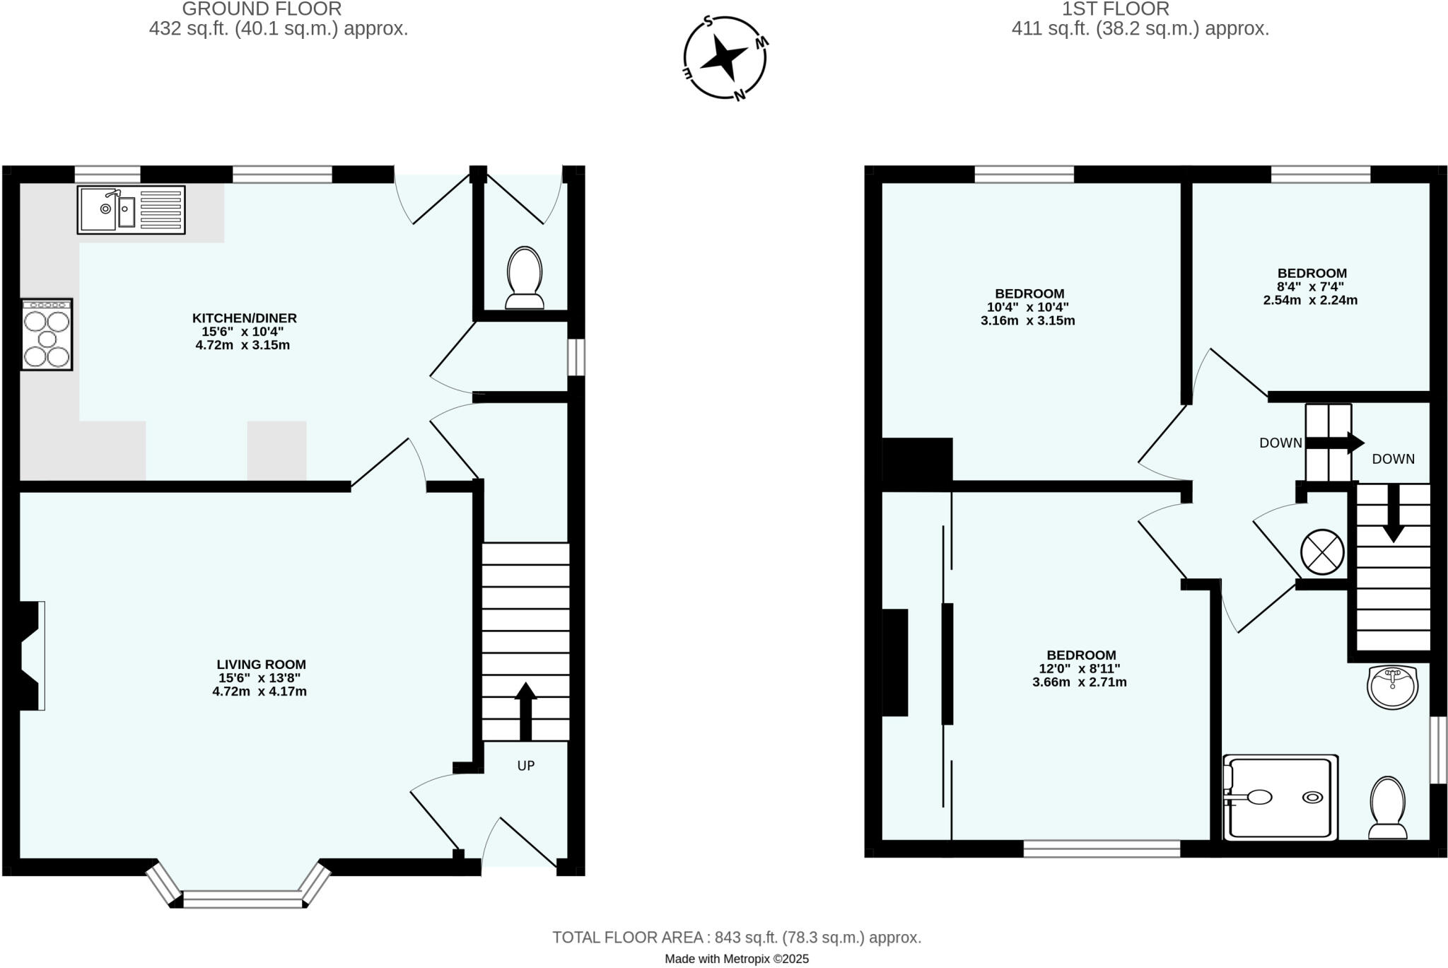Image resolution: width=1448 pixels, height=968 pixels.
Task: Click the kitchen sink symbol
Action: [131, 210]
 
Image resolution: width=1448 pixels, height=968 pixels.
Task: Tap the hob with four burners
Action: [47, 334]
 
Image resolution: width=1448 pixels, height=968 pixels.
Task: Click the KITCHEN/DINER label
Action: [245, 318]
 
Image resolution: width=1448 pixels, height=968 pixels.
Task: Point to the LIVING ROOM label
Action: [261, 665]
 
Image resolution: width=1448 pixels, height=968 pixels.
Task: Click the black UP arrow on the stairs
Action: [525, 711]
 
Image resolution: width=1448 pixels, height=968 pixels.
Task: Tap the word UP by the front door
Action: [525, 766]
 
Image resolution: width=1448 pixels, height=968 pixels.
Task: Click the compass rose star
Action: [723, 56]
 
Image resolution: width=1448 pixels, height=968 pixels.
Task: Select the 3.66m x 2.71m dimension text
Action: [1079, 682]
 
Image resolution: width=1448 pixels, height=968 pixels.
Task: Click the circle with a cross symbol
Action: [1321, 552]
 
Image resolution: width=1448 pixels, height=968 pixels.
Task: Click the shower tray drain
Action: [1313, 797]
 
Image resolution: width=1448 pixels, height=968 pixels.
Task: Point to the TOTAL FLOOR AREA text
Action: [736, 938]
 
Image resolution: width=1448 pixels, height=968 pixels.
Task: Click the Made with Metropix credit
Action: [736, 960]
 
